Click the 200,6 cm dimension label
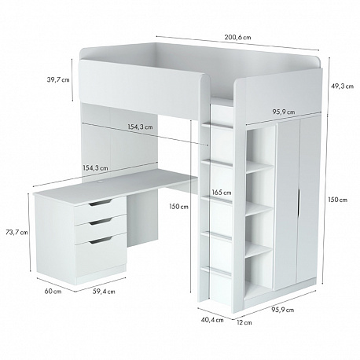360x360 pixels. pyautogui.click(x=237, y=37)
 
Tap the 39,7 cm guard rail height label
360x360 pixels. pyautogui.click(x=58, y=79)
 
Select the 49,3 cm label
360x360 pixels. pyautogui.click(x=342, y=86)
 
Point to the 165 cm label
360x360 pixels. pyautogui.click(x=222, y=193)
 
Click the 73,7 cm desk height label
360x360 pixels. pyautogui.click(x=17, y=232)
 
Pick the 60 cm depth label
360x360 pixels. pyautogui.click(x=53, y=291)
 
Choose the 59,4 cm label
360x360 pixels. pyautogui.click(x=104, y=291)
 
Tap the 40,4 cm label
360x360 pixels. pyautogui.click(x=212, y=320)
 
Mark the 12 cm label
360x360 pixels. pyautogui.click(x=244, y=322)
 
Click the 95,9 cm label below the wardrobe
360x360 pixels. pyautogui.click(x=282, y=310)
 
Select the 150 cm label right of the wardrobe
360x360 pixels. pyautogui.click(x=338, y=200)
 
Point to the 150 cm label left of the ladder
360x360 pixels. pyautogui.click(x=178, y=207)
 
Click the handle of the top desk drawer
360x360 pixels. pyautogui.click(x=101, y=203)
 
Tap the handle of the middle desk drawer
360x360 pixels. pyautogui.click(x=101, y=222)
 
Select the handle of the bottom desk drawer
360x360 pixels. pyautogui.click(x=101, y=241)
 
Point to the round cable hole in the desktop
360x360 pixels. pyautogui.click(x=101, y=181)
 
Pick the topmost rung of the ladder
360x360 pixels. pyautogui.click(x=217, y=126)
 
